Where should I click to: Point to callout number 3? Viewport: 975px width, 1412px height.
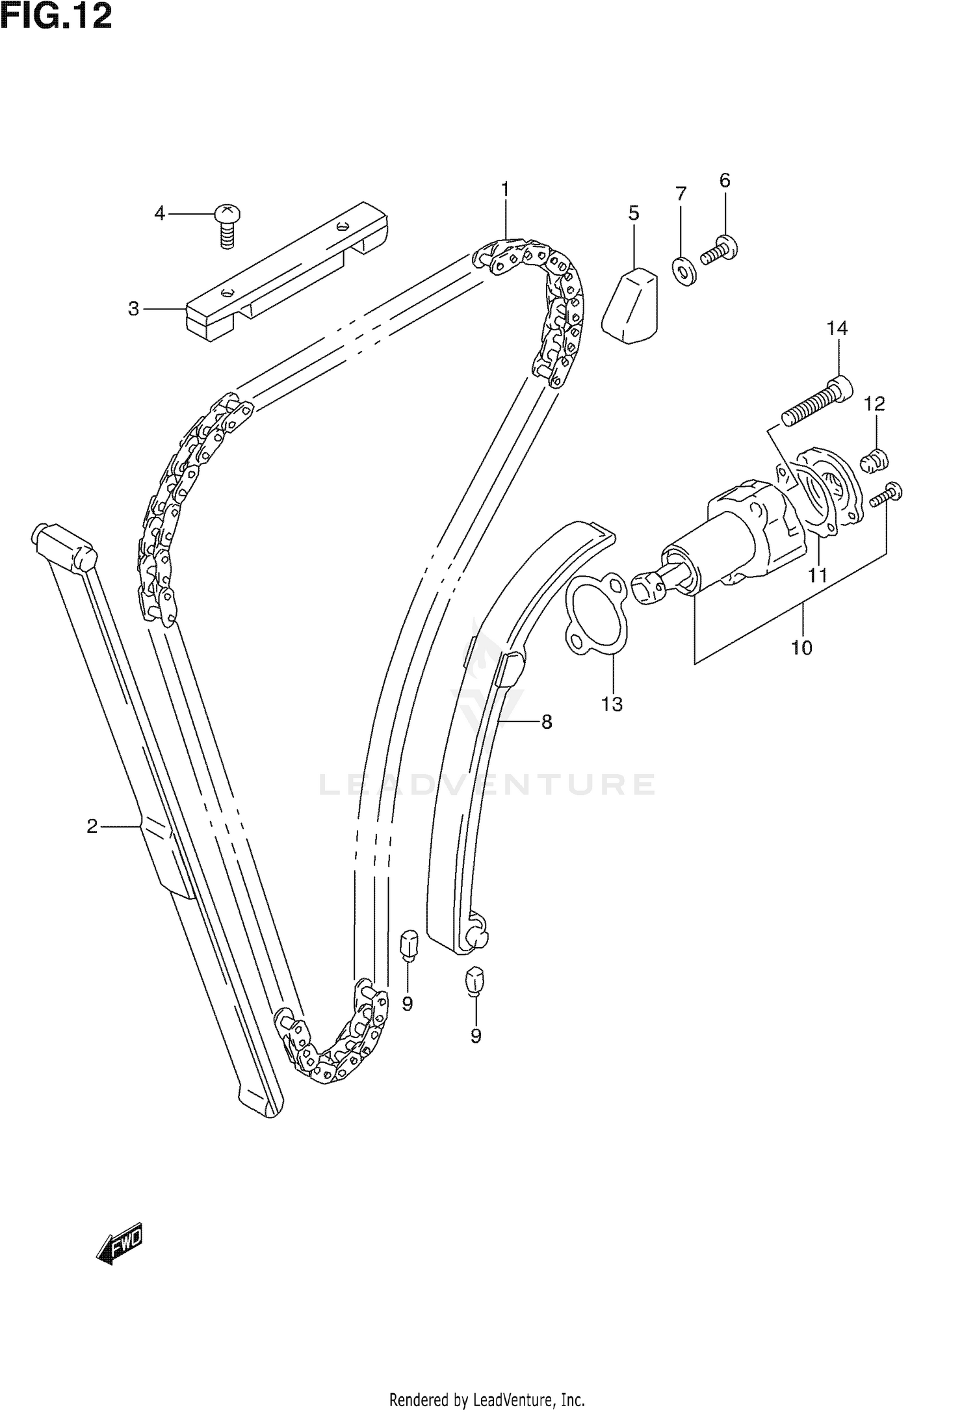point(133,308)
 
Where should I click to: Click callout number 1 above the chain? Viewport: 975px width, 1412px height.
point(504,190)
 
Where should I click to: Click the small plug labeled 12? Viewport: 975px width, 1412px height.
point(874,461)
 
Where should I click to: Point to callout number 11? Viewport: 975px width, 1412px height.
point(817,575)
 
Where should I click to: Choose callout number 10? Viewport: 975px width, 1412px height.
point(801,647)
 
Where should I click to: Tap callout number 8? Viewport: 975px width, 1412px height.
point(546,722)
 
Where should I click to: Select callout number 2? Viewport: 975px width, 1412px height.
point(92,826)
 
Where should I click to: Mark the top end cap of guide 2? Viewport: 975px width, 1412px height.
point(64,543)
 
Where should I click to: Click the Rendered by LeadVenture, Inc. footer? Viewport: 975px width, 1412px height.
point(486,1398)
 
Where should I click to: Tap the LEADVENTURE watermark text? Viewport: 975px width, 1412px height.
point(486,784)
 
